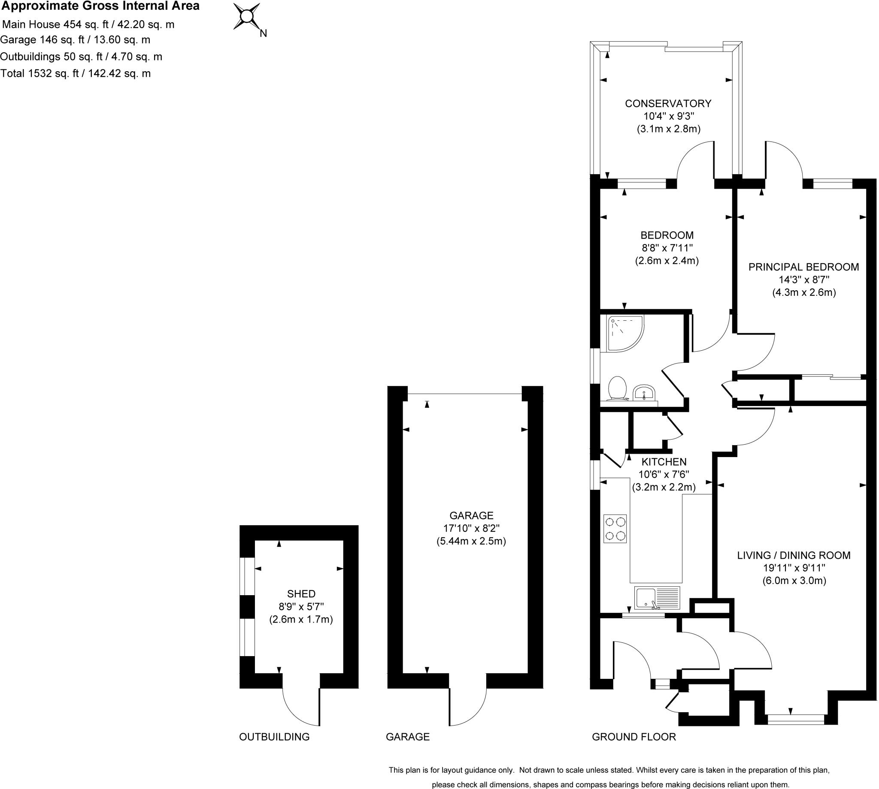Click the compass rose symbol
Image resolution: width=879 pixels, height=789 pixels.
pyautogui.click(x=247, y=16)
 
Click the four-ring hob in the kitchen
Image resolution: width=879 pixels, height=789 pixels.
pyautogui.click(x=615, y=528)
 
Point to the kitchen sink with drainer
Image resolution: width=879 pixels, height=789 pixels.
pyautogui.click(x=657, y=598)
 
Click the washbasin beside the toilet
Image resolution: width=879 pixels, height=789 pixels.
pyautogui.click(x=644, y=393)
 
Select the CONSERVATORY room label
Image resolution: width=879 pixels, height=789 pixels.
pyautogui.click(x=668, y=104)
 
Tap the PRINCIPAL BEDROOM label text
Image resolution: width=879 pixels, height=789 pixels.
pyautogui.click(x=803, y=267)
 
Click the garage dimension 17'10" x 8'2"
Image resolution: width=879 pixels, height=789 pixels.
pyautogui.click(x=471, y=528)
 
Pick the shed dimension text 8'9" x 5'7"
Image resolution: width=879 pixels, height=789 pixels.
pyautogui.click(x=301, y=606)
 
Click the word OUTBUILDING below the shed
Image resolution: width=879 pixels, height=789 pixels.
pyautogui.click(x=274, y=737)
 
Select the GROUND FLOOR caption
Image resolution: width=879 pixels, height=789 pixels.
pyautogui.click(x=633, y=737)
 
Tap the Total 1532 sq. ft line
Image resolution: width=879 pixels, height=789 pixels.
pyautogui.click(x=76, y=73)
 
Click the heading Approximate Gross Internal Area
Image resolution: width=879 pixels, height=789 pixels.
pyautogui.click(x=101, y=6)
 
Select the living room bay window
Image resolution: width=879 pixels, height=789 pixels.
pyautogui.click(x=795, y=720)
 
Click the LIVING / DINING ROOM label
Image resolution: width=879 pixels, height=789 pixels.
pyautogui.click(x=794, y=555)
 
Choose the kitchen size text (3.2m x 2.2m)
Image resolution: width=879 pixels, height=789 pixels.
pyautogui.click(x=664, y=487)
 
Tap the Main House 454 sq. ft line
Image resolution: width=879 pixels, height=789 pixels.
pyautogui.click(x=88, y=25)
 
